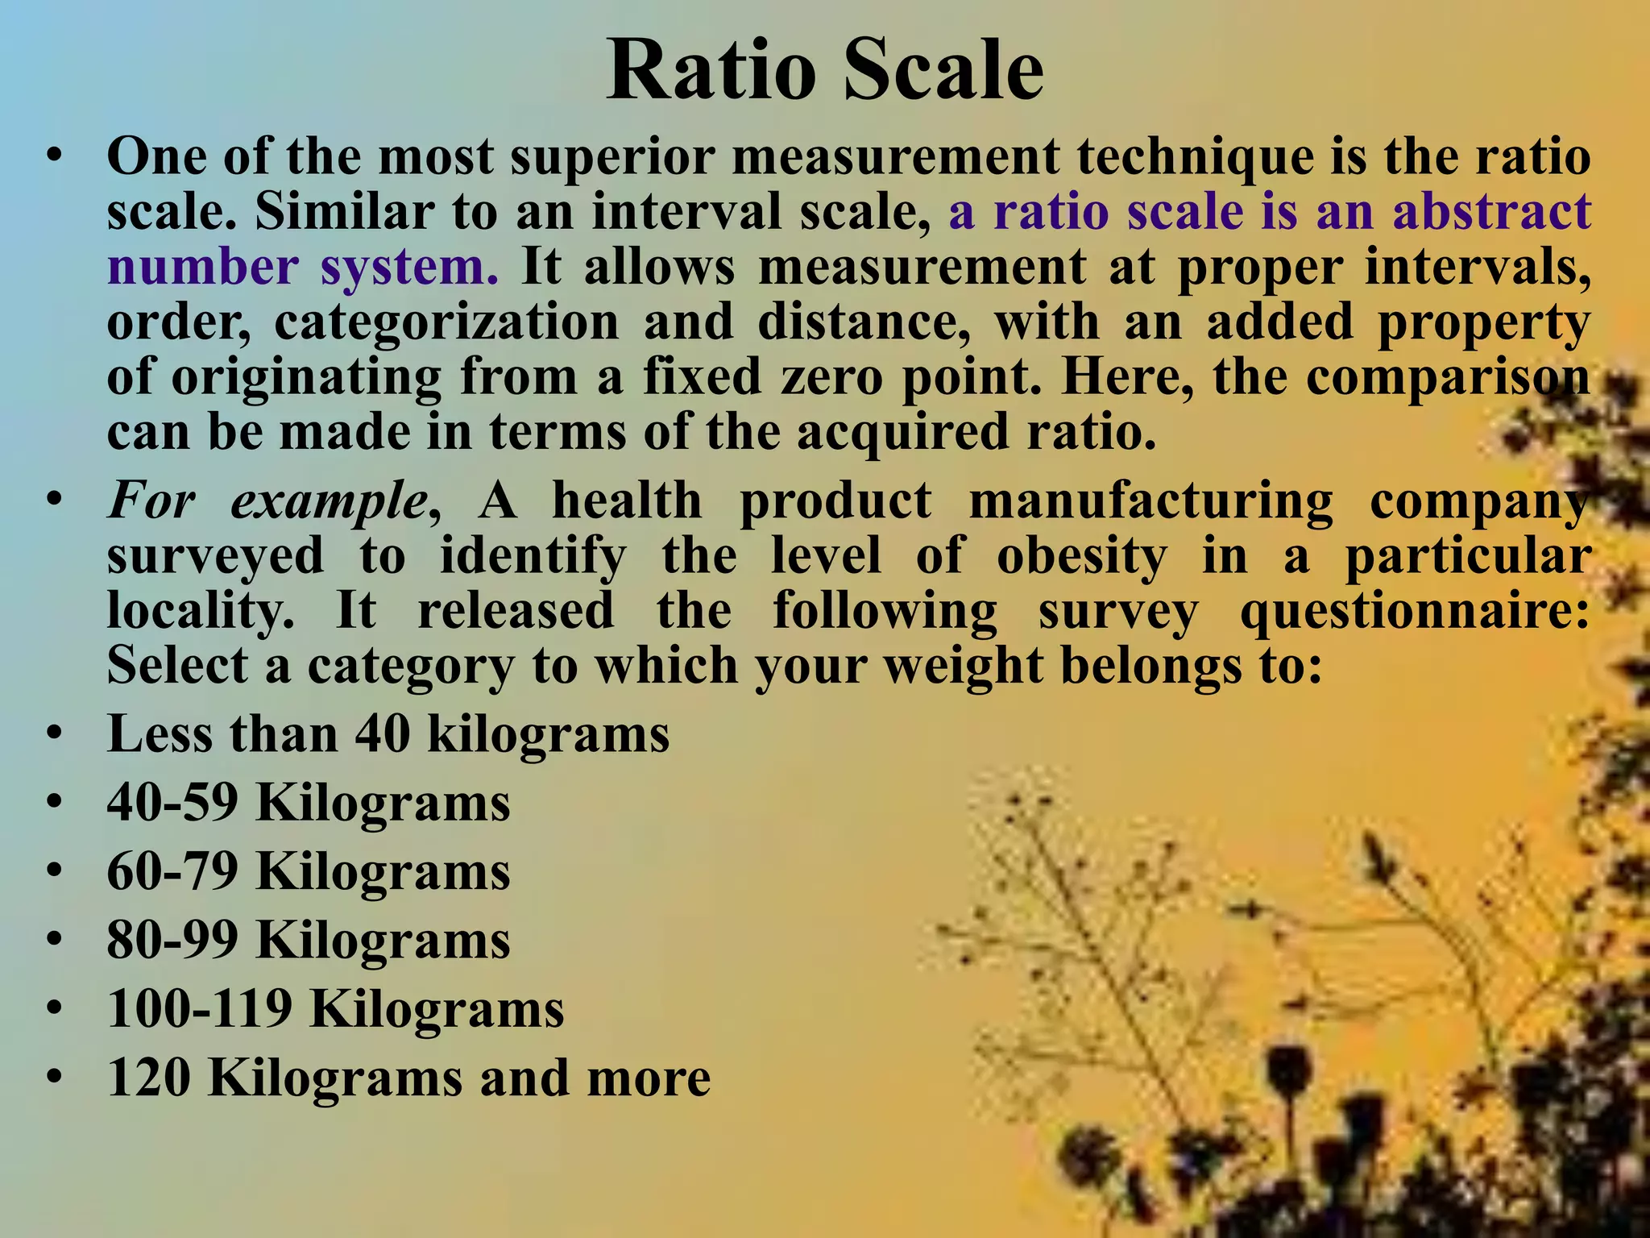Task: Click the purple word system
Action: coord(409,267)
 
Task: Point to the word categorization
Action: coord(446,322)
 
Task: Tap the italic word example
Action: coord(329,501)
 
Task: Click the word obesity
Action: coord(1081,556)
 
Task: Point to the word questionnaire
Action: coord(1415,611)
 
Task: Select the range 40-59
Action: coord(172,803)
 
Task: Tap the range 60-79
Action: coord(172,871)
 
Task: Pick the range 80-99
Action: coord(172,940)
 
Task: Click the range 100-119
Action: coord(200,1008)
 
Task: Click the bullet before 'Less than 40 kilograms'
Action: coord(54,734)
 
